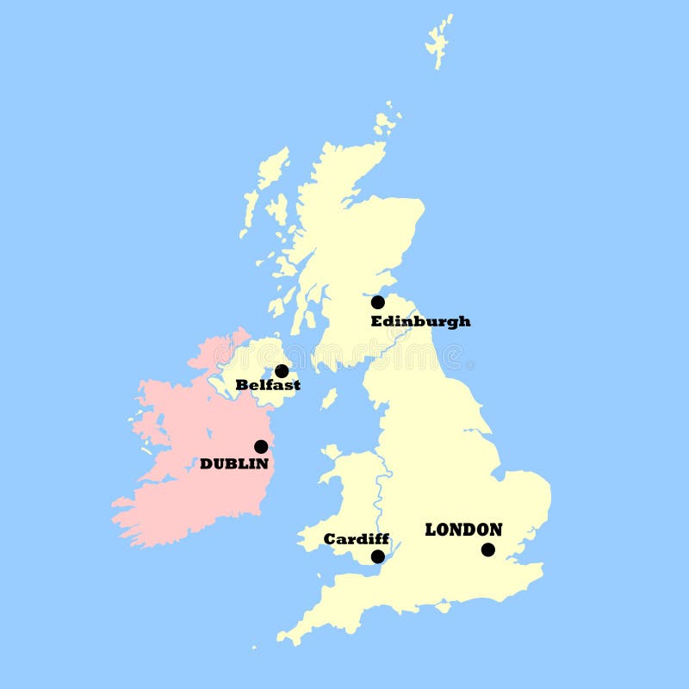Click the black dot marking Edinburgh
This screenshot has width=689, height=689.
pos(377,302)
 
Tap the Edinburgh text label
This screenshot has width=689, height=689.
pos(420,321)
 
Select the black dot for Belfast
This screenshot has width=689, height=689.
pos(282,371)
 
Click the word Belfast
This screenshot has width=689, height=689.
pos(268,385)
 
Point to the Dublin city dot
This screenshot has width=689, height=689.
pos(261,446)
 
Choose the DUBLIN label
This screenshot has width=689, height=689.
pos(234,463)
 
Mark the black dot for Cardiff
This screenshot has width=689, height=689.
pos(377,556)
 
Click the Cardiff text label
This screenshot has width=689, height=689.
pos(356,539)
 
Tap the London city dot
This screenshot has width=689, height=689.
pos(488,549)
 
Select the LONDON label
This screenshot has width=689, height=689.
pos(463,530)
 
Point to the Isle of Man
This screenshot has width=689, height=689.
pos(329,399)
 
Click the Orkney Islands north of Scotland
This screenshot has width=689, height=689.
pos(386,121)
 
